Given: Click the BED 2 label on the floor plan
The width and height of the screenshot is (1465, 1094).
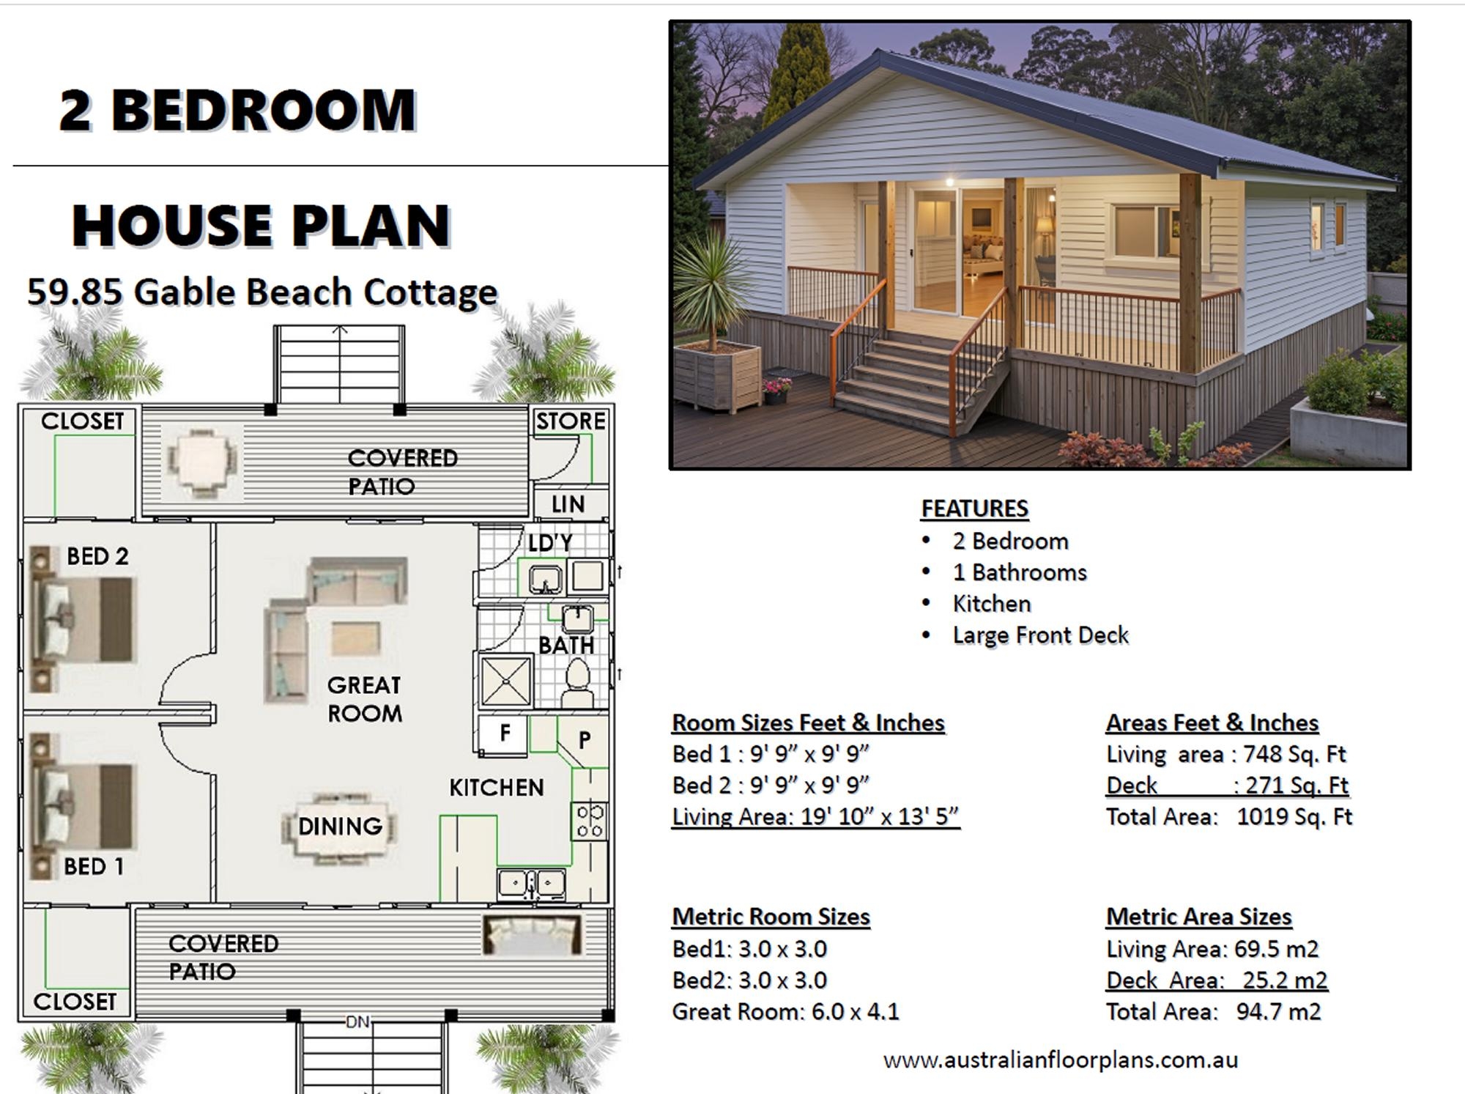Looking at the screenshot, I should pos(97,557).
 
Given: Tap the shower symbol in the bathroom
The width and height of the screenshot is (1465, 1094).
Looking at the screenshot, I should pos(506,681).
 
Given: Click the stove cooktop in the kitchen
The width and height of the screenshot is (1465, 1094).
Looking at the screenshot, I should pos(590,821).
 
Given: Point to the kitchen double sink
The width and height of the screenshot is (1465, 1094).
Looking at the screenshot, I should pos(532,884).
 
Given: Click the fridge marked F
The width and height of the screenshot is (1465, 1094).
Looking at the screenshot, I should pos(504,734).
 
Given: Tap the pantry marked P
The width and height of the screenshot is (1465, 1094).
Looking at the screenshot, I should pos(585,740).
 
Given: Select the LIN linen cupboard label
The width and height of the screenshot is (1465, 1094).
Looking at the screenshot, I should pos(568,504).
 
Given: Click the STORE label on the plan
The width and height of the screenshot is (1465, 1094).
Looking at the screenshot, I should pos(571,421).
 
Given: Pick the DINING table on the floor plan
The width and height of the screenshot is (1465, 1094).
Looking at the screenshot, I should pos(340,827).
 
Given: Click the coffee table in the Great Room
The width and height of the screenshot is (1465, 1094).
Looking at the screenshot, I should pos(355,637).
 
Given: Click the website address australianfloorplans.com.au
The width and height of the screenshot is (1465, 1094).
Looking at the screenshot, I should pos(1061,1060).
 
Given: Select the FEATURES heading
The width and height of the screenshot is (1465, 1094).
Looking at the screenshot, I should pos(974,508).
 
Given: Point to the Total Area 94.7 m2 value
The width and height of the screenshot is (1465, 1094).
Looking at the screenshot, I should pos(1278,1012).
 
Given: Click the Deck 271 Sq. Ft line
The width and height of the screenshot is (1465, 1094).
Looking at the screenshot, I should pos(1227,786).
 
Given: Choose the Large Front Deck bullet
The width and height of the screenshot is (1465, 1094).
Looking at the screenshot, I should pos(1040,635).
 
